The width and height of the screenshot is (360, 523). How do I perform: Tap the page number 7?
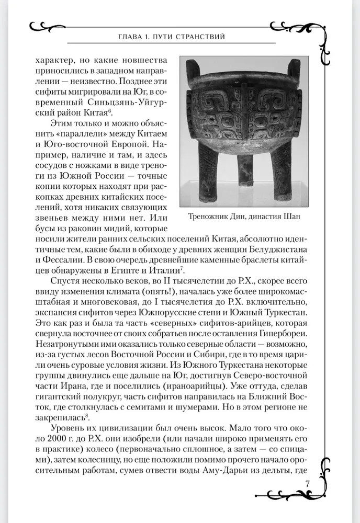click(308, 482)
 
